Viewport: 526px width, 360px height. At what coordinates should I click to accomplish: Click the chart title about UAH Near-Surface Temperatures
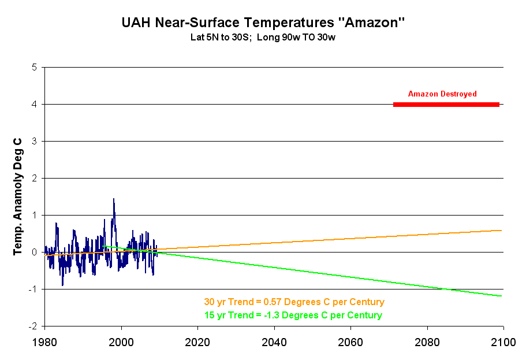coord(263,24)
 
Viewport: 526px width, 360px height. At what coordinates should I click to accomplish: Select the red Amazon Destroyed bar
coord(446,105)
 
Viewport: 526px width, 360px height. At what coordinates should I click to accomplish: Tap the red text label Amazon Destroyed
coord(442,94)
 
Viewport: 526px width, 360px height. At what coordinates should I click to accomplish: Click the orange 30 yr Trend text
coord(294,302)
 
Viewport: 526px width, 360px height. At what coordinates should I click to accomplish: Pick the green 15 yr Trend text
coord(293,316)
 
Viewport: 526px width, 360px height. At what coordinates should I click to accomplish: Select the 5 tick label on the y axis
coord(35,67)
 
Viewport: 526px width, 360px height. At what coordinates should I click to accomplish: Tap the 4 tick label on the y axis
coord(35,104)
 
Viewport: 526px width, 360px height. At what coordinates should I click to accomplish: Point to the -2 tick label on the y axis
coord(33,326)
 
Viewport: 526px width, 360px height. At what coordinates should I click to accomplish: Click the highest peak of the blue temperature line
coord(113,199)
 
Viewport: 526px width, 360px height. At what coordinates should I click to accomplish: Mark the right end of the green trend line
coord(501,296)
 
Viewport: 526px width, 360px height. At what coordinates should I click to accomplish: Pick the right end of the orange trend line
coord(501,231)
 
